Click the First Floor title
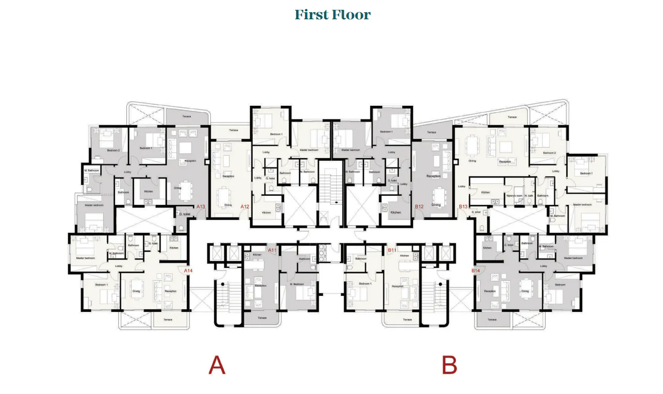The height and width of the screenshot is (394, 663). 333,15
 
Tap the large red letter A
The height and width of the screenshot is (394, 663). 217,365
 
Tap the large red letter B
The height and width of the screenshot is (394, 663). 449,365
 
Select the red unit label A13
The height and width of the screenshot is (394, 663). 201,206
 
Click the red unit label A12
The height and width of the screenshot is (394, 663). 245,206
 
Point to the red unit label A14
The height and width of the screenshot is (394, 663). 188,271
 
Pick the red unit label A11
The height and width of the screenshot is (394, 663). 272,250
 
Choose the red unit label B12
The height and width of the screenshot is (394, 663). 419,206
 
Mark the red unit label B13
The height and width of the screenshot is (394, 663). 463,206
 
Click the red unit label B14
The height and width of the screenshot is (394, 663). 476,271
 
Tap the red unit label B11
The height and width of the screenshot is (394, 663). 392,250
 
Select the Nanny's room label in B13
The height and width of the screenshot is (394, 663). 514,195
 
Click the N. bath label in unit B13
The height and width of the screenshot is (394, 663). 529,195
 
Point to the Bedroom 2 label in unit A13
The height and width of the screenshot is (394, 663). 113,150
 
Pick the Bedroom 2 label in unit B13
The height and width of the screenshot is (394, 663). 549,152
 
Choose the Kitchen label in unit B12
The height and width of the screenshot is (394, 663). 396,212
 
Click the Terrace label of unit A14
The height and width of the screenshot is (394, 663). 167,320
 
